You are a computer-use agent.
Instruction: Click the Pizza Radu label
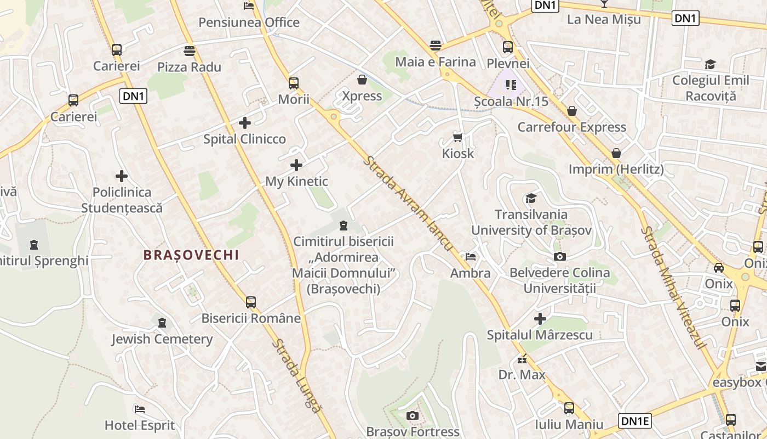pyautogui.click(x=189, y=67)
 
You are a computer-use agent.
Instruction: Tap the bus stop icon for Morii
pyautogui.click(x=294, y=83)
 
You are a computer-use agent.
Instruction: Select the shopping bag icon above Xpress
pyautogui.click(x=362, y=80)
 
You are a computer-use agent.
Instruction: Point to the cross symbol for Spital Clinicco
pyautogui.click(x=245, y=122)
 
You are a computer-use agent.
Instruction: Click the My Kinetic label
pyautogui.click(x=296, y=181)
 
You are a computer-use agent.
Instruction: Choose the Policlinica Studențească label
pyautogui.click(x=122, y=200)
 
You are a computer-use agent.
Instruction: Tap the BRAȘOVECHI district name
pyautogui.click(x=191, y=255)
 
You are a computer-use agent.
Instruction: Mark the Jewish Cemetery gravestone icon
pyautogui.click(x=162, y=322)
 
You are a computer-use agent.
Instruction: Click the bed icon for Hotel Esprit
pyautogui.click(x=140, y=409)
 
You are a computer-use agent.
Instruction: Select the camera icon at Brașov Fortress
pyautogui.click(x=413, y=415)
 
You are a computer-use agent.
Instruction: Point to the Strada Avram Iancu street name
pyautogui.click(x=409, y=204)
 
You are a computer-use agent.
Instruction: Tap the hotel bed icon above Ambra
pyautogui.click(x=470, y=256)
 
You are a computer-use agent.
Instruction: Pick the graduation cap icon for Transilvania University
pyautogui.click(x=531, y=198)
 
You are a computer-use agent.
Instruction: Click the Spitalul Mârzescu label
pyautogui.click(x=540, y=335)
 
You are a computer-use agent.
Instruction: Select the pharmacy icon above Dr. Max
pyautogui.click(x=522, y=360)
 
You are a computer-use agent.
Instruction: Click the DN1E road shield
pyautogui.click(x=635, y=421)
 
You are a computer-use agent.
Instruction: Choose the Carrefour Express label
pyautogui.click(x=572, y=127)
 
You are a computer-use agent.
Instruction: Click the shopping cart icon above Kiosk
pyautogui.click(x=458, y=137)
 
